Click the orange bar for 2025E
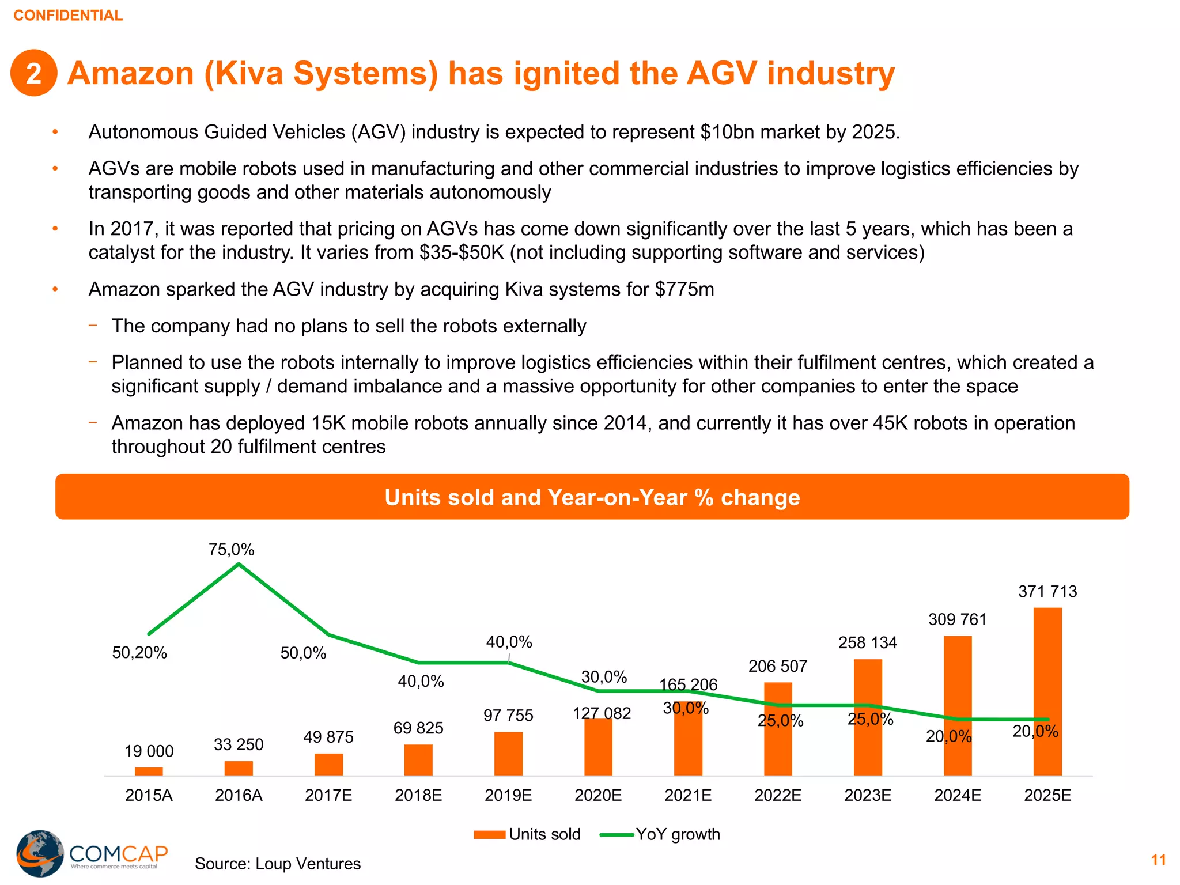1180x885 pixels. [1047, 691]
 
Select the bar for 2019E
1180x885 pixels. [508, 754]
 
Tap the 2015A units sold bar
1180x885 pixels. [149, 771]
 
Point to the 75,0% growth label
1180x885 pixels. [231, 550]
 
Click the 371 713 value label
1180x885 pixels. [1047, 592]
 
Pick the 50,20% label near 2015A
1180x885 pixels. [139, 653]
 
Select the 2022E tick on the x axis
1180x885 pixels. [778, 796]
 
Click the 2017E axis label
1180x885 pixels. [328, 796]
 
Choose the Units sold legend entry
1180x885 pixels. [527, 834]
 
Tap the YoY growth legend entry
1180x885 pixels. [660, 834]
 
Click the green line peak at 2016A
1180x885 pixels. [239, 565]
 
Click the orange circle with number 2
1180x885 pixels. [34, 73]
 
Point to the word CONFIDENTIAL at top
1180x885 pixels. [68, 16]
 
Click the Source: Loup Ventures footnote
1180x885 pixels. [278, 864]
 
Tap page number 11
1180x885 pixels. [1158, 860]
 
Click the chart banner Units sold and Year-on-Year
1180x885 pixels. [592, 497]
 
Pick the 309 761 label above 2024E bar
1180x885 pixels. [957, 620]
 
